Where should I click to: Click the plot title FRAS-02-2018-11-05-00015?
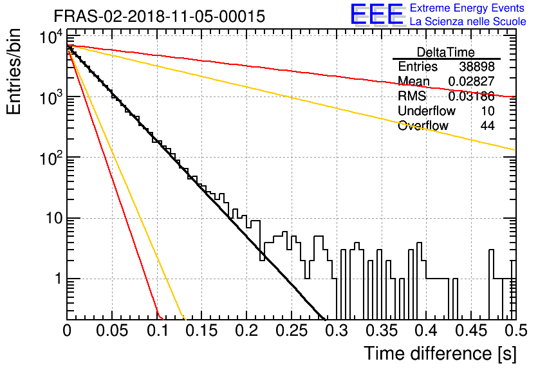(160, 16)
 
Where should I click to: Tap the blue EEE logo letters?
(377, 14)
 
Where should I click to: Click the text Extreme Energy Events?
(467, 8)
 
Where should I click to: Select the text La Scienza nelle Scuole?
(468, 21)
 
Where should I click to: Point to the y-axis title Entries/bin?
(14, 71)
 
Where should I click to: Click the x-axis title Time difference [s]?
(440, 353)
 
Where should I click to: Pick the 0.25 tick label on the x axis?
(292, 331)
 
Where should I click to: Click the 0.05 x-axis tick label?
(112, 331)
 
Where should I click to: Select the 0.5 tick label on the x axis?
(515, 331)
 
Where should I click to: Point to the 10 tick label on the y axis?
(54, 218)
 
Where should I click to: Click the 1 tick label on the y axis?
(59, 279)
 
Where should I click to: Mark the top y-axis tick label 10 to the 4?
(51, 37)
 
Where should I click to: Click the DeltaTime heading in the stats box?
(446, 52)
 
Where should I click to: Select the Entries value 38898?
(477, 66)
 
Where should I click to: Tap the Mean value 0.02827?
(471, 81)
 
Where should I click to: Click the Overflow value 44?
(487, 125)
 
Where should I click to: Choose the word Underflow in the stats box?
(427, 111)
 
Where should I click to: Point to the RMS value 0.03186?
(471, 96)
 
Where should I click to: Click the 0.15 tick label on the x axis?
(202, 331)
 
